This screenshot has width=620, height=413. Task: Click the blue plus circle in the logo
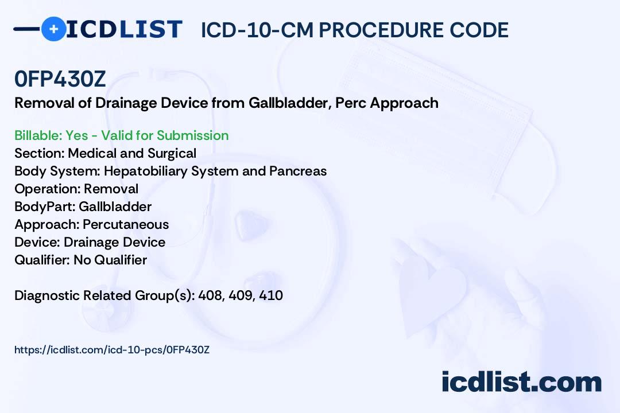click(54, 29)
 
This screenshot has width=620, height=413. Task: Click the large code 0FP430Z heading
click(60, 79)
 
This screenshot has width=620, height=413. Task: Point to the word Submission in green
click(192, 135)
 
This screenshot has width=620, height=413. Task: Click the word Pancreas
click(298, 171)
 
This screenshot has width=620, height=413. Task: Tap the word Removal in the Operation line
click(111, 189)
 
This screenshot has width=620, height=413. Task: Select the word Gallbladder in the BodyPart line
click(115, 206)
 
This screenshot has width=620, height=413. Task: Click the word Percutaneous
click(126, 224)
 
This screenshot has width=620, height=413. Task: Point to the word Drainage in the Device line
click(89, 242)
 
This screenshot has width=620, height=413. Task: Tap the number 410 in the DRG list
click(271, 295)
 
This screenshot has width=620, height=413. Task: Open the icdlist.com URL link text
click(112, 350)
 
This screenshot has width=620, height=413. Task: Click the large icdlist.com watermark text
click(521, 382)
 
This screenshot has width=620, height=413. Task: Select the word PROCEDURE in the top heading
click(381, 30)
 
